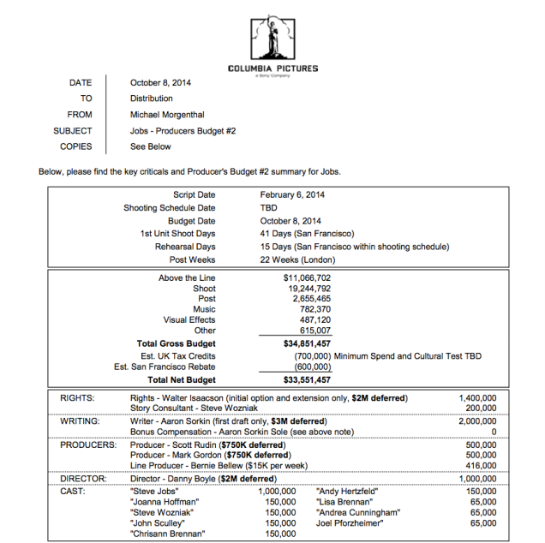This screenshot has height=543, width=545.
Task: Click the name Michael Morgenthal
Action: coord(168,115)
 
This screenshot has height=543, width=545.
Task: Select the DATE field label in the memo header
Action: coord(81,83)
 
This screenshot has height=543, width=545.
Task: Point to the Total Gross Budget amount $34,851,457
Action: coord(307,343)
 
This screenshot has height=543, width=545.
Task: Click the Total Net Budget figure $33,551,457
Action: coord(307,379)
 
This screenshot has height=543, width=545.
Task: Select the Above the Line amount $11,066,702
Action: coord(307,278)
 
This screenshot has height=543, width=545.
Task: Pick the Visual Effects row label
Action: coord(189,319)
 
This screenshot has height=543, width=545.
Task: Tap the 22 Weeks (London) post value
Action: coord(299,260)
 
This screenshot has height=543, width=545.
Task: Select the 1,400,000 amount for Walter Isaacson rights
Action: coord(478,398)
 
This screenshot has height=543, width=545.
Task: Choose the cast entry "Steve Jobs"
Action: coord(154,491)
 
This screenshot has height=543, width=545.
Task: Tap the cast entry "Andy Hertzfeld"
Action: coord(345,491)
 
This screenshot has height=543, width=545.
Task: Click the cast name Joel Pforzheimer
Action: coord(350,522)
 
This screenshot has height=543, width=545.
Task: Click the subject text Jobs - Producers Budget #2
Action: coord(183,131)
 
